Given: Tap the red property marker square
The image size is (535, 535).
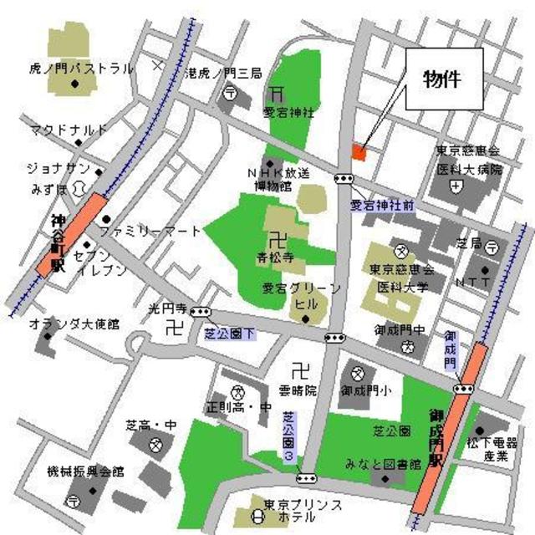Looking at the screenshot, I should pyautogui.click(x=359, y=152).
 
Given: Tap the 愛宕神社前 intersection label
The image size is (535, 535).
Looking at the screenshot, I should pyautogui.click(x=381, y=205).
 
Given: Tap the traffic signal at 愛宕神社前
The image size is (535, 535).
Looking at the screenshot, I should pyautogui.click(x=343, y=178).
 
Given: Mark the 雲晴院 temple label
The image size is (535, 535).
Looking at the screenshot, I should pyautogui.click(x=298, y=390).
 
